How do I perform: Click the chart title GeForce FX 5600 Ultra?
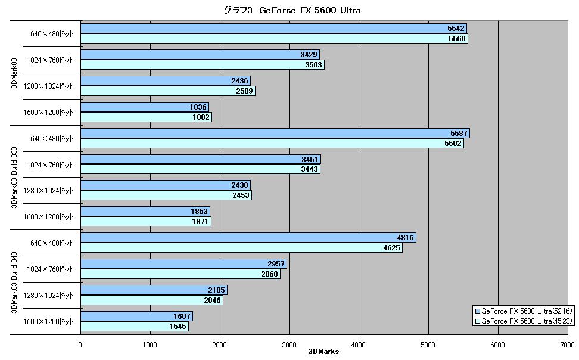(x=292, y=10)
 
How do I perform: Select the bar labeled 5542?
(x=273, y=29)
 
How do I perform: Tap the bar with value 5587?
(x=275, y=133)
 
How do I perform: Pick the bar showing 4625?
(x=241, y=247)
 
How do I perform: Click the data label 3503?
(x=313, y=65)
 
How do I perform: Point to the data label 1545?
(x=178, y=327)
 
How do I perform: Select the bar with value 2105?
(x=154, y=290)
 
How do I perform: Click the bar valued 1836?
(x=145, y=107)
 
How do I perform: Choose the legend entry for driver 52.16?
(x=523, y=311)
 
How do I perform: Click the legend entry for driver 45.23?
(x=523, y=321)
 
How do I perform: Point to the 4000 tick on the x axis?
(x=358, y=345)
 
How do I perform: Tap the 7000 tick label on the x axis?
(x=567, y=345)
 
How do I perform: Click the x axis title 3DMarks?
(x=323, y=352)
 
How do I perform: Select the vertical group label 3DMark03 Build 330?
(x=14, y=178)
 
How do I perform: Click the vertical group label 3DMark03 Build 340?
(x=14, y=283)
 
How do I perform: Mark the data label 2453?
(x=241, y=195)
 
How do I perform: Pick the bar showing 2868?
(x=180, y=274)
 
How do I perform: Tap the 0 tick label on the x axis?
(x=80, y=345)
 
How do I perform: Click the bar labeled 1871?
(x=146, y=221)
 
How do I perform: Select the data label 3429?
(x=309, y=55)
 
